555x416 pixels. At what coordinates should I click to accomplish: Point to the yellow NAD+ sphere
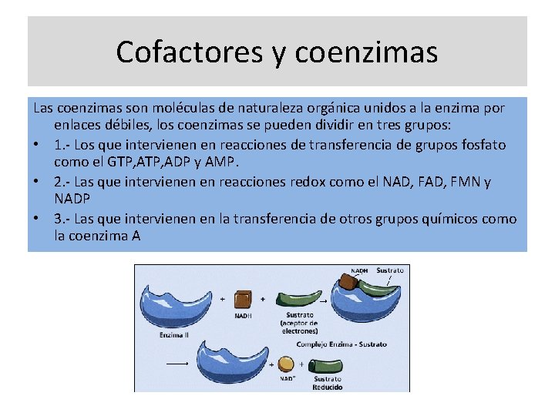pyautogui.click(x=286, y=364)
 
